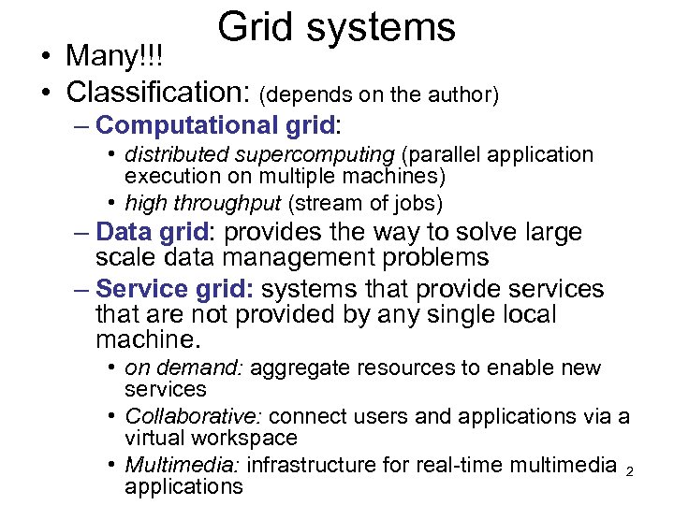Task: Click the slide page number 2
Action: (629, 472)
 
